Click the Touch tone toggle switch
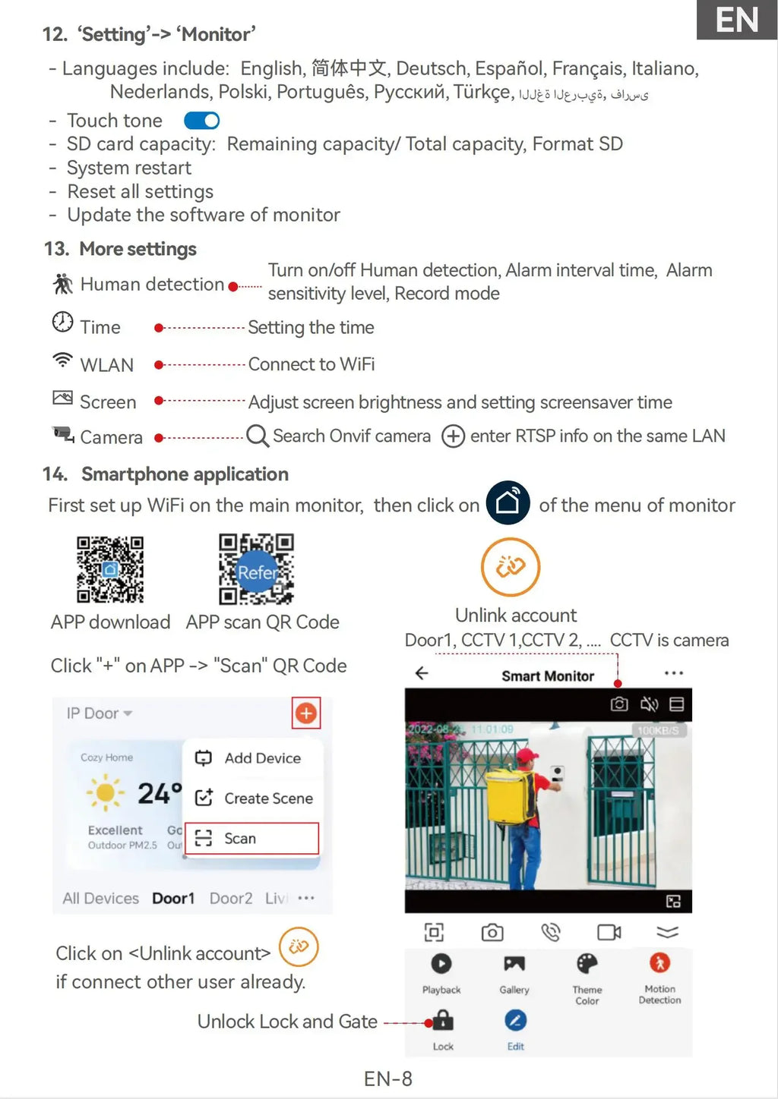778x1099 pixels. (201, 121)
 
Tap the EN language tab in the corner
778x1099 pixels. (736, 20)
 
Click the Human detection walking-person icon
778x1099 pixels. (62, 284)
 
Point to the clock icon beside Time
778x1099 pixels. (62, 323)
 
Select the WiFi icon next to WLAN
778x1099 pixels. (62, 361)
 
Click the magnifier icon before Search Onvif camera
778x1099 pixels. (258, 436)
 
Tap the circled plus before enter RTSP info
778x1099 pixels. (453, 436)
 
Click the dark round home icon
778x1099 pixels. (508, 502)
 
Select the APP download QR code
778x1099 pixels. (110, 569)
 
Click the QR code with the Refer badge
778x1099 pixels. (256, 569)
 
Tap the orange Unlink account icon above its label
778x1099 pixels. (511, 566)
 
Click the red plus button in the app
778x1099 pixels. (306, 713)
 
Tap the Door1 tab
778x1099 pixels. (173, 898)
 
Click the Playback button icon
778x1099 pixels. (441, 963)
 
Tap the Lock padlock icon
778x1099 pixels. (443, 1020)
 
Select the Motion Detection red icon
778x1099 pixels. (659, 963)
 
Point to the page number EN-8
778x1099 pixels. (387, 1079)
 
